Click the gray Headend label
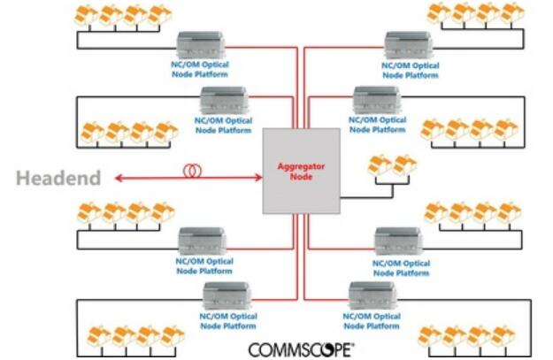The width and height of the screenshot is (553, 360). (58, 178)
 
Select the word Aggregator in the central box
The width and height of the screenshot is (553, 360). (301, 166)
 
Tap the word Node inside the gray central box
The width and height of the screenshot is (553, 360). (301, 176)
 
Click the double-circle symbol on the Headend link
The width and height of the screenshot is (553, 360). (193, 171)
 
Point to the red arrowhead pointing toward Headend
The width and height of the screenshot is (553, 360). (119, 178)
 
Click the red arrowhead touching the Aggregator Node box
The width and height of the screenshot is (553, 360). (259, 178)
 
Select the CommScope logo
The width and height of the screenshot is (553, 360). (301, 349)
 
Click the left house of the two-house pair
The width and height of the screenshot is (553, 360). (380, 165)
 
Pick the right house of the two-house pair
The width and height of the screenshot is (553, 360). (404, 165)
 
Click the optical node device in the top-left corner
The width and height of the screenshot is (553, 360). (201, 45)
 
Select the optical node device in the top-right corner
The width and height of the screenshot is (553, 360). (409, 45)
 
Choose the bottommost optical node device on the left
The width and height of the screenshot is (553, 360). (227, 295)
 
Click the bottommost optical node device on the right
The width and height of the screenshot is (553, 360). (373, 295)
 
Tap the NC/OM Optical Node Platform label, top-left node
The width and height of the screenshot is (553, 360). (200, 70)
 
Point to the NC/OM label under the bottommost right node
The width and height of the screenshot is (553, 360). (372, 321)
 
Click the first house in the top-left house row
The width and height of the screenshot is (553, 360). (87, 16)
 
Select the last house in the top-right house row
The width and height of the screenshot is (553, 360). (512, 13)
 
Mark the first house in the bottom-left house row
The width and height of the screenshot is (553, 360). (99, 336)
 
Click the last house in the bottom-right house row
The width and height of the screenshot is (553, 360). (503, 336)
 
